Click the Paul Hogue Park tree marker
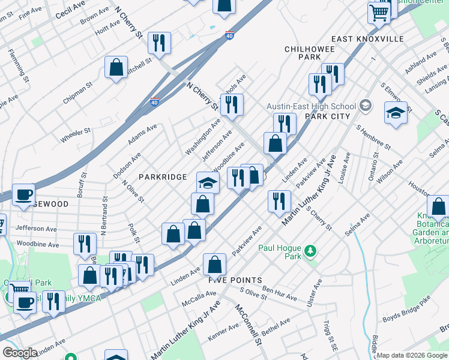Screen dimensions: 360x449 pos(310,250)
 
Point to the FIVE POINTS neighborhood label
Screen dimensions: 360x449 pos(235,280)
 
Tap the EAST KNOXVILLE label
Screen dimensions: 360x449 pos(367,39)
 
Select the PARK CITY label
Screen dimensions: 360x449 pos(328,116)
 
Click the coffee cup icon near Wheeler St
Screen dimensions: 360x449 pos(23,195)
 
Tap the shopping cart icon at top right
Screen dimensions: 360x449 pos(379,12)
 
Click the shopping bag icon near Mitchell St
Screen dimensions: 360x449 pos(116,67)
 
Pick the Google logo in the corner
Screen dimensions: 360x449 pos(20,353)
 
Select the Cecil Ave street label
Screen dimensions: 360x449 pos(70,8)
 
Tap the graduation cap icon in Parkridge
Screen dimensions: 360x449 pos(208,182)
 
